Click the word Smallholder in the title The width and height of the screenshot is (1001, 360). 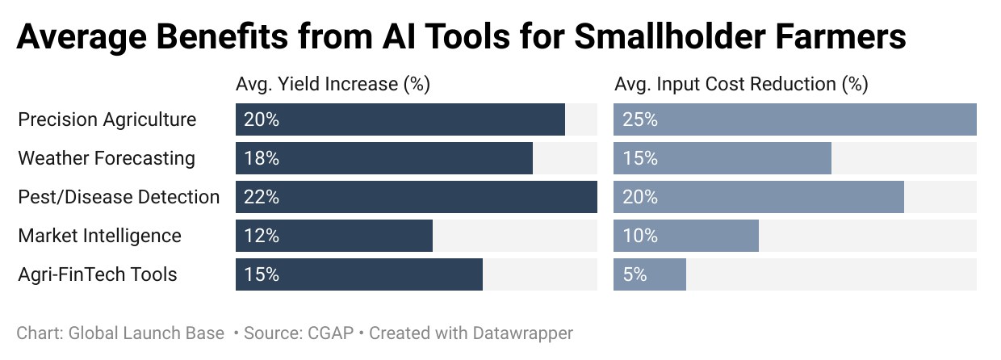[669, 36]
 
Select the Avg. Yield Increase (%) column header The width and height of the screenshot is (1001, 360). [333, 84]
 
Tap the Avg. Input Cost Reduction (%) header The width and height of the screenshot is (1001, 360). [741, 84]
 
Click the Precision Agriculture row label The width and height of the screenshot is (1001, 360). [107, 119]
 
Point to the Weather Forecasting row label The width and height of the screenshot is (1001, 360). [107, 158]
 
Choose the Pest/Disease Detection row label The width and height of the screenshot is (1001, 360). [119, 197]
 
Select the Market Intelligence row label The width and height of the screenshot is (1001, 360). [99, 236]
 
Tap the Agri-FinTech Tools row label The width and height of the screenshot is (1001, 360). [98, 274]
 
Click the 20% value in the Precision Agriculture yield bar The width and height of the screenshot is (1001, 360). [262, 119]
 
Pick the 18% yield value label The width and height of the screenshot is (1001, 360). [262, 158]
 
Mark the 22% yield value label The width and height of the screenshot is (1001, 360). [262, 197]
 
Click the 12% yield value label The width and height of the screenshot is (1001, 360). [262, 236]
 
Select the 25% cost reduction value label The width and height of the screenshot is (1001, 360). [640, 119]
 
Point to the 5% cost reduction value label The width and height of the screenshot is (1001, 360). [635, 274]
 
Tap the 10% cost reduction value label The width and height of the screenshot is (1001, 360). [640, 236]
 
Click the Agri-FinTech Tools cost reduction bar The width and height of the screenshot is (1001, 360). [650, 274]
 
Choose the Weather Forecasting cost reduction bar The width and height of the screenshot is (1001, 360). [722, 158]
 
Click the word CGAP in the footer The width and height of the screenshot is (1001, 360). [331, 333]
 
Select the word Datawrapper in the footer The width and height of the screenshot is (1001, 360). [523, 333]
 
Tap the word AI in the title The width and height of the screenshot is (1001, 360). [399, 36]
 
